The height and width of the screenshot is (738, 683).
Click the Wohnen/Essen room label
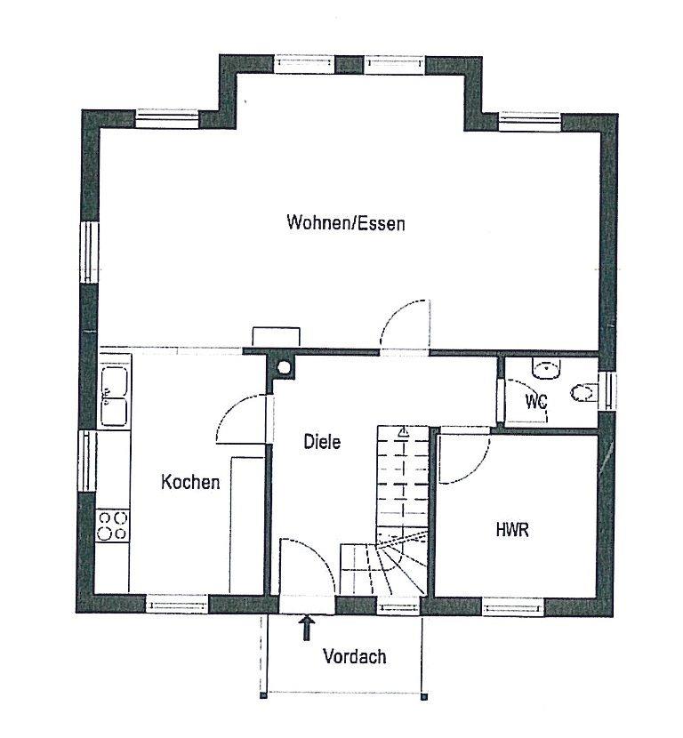[x=346, y=222]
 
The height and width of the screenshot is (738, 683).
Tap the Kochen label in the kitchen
[x=190, y=482]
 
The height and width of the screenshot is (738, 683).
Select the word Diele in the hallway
[x=322, y=442]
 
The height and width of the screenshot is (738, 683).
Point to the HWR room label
[x=512, y=530]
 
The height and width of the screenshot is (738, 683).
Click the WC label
[x=536, y=402]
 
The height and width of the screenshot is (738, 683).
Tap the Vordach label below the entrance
[x=355, y=656]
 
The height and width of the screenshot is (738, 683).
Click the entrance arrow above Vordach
[x=307, y=628]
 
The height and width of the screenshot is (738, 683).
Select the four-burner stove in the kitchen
[x=112, y=525]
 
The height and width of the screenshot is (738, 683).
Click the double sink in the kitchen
[x=115, y=396]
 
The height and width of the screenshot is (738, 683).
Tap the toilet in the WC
[x=583, y=392]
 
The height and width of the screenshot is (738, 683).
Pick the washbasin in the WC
[x=547, y=368]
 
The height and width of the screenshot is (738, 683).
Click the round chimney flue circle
[x=284, y=367]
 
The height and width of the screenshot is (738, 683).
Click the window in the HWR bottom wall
[x=513, y=606]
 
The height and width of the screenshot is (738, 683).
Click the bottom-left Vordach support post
[x=263, y=694]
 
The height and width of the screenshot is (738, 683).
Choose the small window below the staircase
[x=398, y=606]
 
